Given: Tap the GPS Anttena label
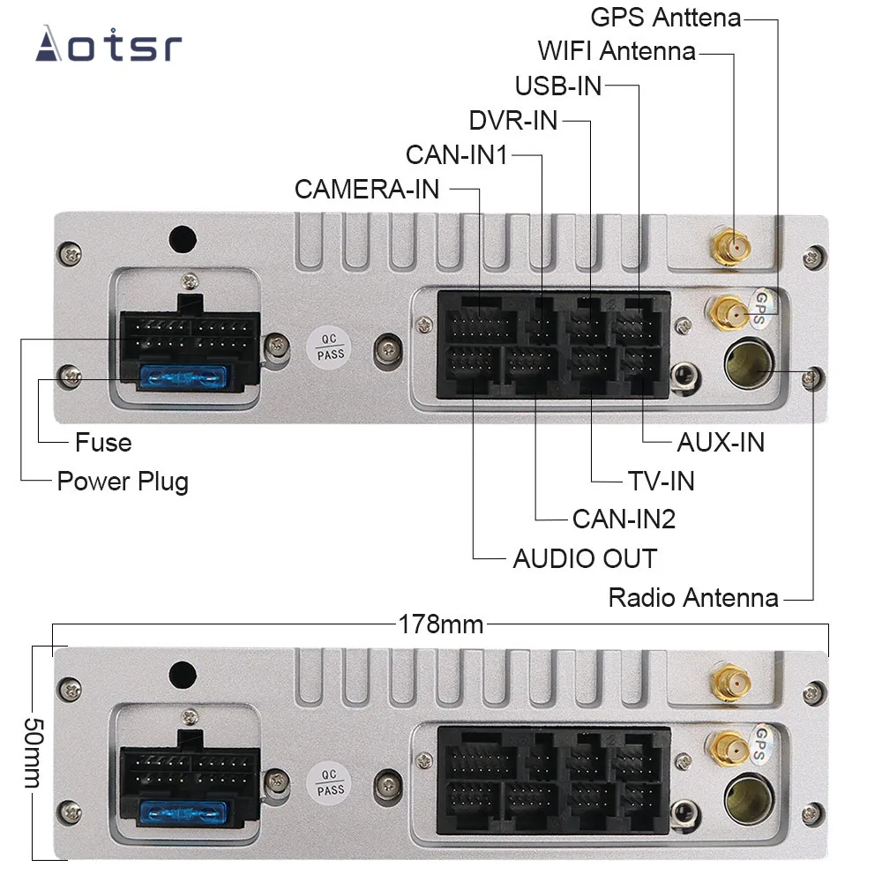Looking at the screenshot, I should pos(665,17).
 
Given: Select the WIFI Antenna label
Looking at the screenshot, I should pos(617,50).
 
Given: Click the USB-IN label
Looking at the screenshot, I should pos(558,86).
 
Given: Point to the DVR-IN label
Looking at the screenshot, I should pos(513,120).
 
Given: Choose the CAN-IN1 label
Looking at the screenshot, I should pos(457,154).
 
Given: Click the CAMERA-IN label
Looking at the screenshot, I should pos(367,189).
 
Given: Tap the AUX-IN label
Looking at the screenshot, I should pos(720,442).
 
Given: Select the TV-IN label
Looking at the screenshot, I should pos(661,481).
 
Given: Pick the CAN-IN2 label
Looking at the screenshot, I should pos(624,519).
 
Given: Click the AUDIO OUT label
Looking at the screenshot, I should pos(585,558).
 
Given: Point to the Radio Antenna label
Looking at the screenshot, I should pos(693,598).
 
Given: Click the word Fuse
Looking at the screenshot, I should pos(103,442).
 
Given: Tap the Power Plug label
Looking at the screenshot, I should pos(123,482).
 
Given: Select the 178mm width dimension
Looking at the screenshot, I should pos(440,624).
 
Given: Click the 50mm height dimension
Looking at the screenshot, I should pos(33,752).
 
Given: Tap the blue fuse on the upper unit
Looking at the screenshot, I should pos(185,379).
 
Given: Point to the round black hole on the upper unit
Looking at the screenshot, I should pos(183,238).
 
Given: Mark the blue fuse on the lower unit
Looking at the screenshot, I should pos(185,811).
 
